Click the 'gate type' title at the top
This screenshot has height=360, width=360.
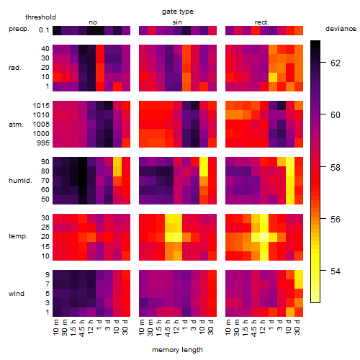click(x=178, y=12)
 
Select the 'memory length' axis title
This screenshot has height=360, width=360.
click(x=177, y=350)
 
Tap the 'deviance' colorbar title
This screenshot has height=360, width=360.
click(x=341, y=29)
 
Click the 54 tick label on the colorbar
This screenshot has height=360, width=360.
click(x=336, y=271)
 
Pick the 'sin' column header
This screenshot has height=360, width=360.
click(x=177, y=22)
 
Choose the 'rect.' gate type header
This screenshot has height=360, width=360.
click(x=261, y=22)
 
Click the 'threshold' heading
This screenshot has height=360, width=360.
click(x=40, y=17)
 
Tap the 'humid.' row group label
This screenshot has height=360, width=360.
click(x=20, y=181)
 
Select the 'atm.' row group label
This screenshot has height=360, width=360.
click(x=16, y=125)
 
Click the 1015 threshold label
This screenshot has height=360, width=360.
click(x=41, y=106)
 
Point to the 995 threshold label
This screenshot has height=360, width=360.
click(x=43, y=143)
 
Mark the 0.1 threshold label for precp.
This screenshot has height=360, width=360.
click(x=44, y=30)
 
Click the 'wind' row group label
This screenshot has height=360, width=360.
click(x=17, y=294)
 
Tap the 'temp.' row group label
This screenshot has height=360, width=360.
click(x=18, y=236)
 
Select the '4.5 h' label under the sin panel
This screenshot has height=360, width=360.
click(x=168, y=328)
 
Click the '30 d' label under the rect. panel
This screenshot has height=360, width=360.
click(x=297, y=328)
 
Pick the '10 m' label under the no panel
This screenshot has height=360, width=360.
click(x=55, y=328)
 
